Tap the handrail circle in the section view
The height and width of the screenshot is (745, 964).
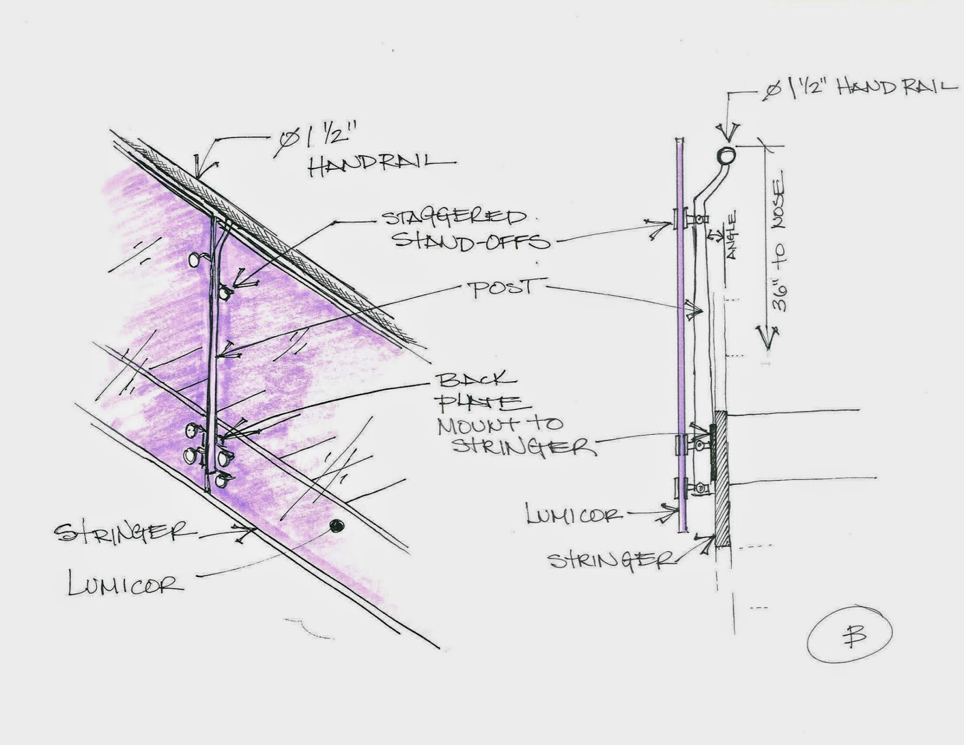pos(726,155)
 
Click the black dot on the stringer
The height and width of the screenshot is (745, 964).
pos(336,526)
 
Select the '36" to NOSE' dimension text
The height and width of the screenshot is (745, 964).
pos(780,245)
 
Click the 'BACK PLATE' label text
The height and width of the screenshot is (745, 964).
pos(479,390)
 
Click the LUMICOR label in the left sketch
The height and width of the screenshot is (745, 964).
pos(125,584)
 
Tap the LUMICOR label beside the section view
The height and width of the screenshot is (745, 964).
pos(573,516)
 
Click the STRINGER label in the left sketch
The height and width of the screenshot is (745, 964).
pos(124,532)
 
